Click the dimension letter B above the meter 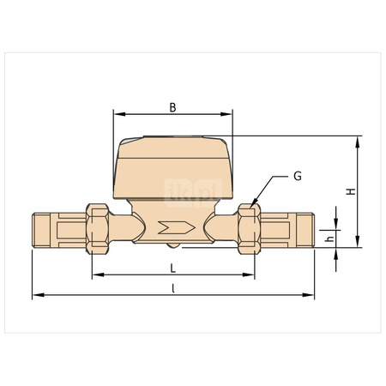click(x=172, y=107)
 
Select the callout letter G click(x=297, y=176)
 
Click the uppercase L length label click(x=172, y=268)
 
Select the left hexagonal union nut click(x=97, y=228)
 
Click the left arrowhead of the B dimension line click(x=117, y=114)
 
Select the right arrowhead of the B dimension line click(x=229, y=114)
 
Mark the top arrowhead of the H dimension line click(x=358, y=139)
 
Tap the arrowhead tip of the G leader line click(x=252, y=203)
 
